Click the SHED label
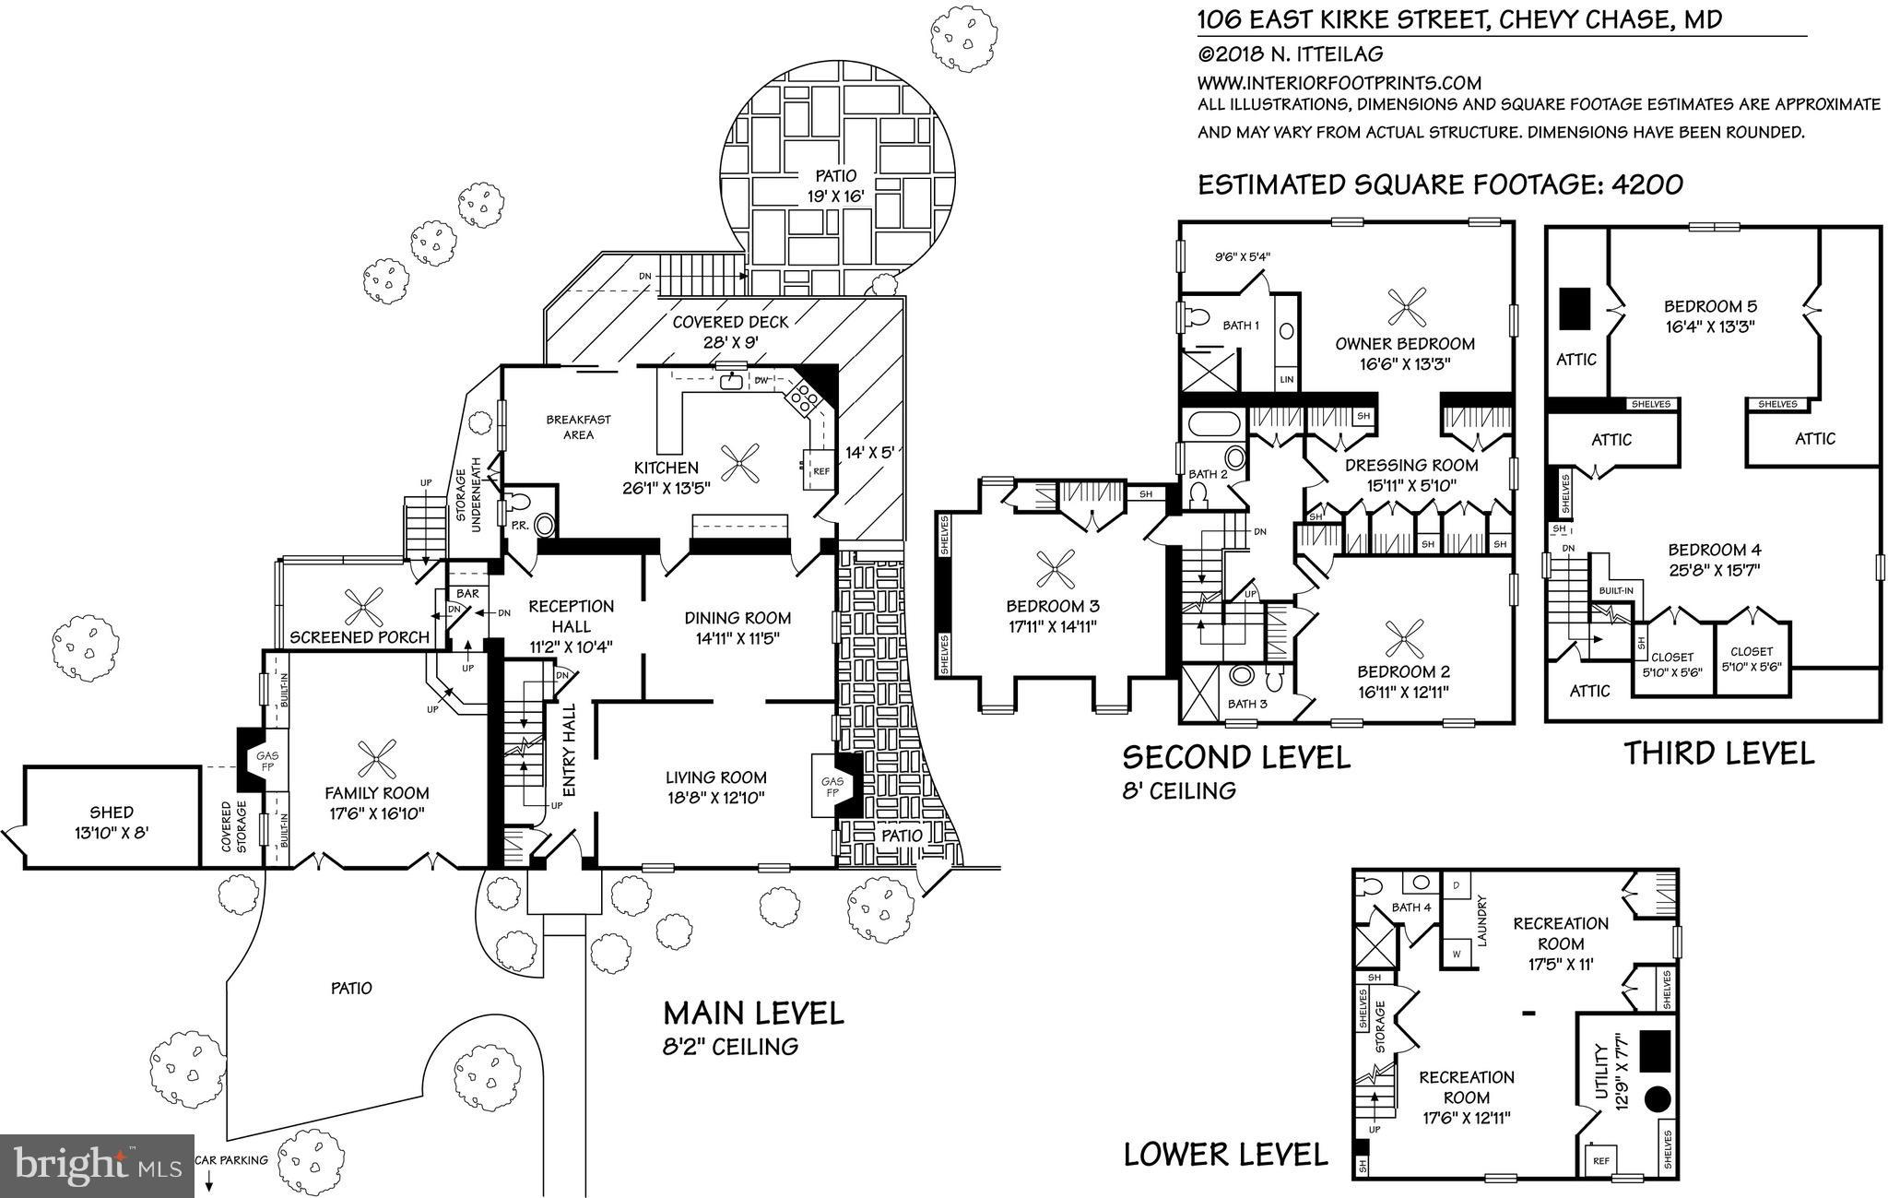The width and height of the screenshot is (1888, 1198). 111,813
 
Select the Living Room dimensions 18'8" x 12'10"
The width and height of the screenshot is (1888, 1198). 716,798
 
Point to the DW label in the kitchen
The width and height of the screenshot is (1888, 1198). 761,380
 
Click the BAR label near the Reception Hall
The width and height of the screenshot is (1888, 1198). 467,594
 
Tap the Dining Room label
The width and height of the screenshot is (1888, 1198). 737,618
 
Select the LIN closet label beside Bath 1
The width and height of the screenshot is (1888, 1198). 1287,379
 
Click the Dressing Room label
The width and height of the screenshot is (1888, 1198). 1410,466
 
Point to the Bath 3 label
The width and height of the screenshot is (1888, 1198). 1247,705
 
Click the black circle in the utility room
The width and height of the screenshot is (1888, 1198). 1658,1099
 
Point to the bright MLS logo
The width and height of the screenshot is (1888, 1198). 97,1166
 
